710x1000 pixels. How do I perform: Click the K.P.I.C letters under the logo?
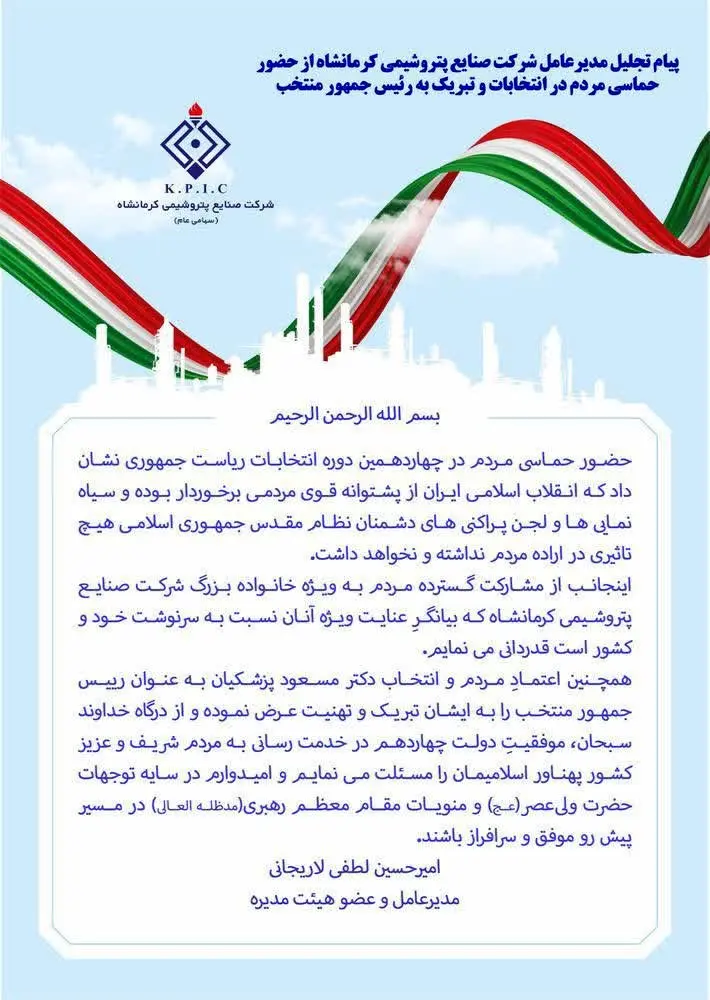pyautogui.click(x=195, y=188)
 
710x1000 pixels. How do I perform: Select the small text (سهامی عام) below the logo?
pyautogui.click(x=195, y=219)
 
